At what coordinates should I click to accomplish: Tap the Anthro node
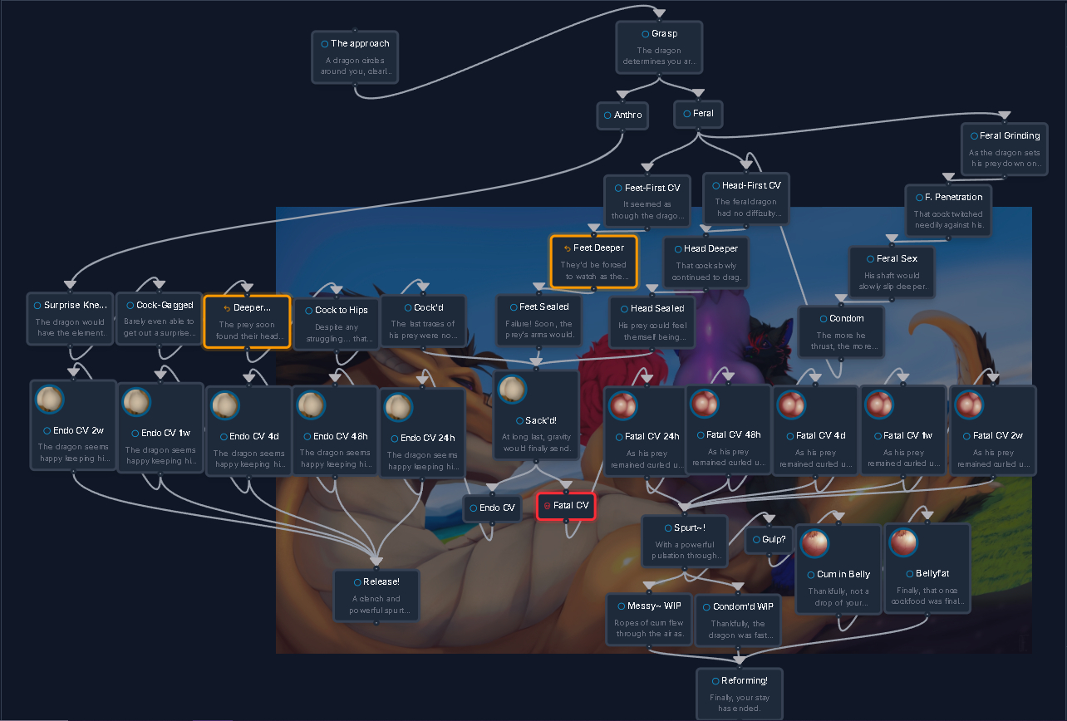point(622,115)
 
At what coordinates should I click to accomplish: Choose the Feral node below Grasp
point(698,114)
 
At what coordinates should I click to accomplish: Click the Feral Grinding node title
point(1005,136)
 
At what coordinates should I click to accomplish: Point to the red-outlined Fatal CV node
point(566,506)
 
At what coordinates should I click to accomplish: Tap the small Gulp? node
point(769,539)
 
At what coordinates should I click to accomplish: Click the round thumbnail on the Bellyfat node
point(903,542)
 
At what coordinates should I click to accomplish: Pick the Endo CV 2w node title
point(73,431)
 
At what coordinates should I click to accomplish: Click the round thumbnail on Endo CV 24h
point(398,407)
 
